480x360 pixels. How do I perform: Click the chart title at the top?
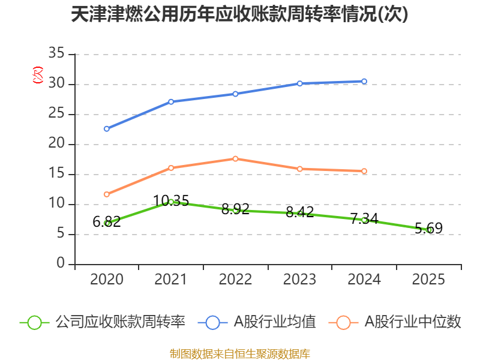pyautogui.click(x=239, y=14)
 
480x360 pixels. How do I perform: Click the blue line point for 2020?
pyautogui.click(x=107, y=129)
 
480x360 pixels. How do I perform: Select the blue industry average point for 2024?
pyautogui.click(x=364, y=82)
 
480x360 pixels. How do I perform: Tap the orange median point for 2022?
pyautogui.click(x=235, y=159)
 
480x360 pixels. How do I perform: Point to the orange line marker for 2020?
pyautogui.click(x=107, y=194)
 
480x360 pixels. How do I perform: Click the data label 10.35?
pyautogui.click(x=171, y=201)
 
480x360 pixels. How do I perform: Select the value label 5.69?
pyautogui.click(x=428, y=229)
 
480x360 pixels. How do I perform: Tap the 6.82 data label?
pyautogui.click(x=107, y=221)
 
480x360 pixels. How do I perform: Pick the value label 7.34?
pyautogui.click(x=364, y=218)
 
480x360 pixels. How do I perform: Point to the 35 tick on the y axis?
pyautogui.click(x=56, y=53)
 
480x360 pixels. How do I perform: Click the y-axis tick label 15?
pyautogui.click(x=56, y=173)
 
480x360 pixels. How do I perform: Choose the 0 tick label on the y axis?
pyautogui.click(x=61, y=263)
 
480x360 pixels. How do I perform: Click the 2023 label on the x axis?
pyautogui.click(x=299, y=279)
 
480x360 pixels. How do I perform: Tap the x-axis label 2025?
pyautogui.click(x=428, y=279)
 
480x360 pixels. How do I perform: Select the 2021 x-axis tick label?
pyautogui.click(x=171, y=279)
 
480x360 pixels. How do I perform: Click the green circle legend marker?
pyautogui.click(x=34, y=322)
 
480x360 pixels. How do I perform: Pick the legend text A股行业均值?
pyautogui.click(x=275, y=322)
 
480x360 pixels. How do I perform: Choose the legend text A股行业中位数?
pyautogui.click(x=413, y=322)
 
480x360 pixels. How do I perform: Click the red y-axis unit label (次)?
pyautogui.click(x=38, y=75)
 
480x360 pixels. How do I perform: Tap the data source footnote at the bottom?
pyautogui.click(x=240, y=353)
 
